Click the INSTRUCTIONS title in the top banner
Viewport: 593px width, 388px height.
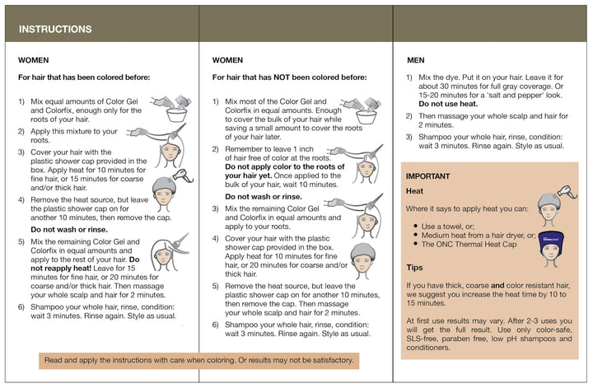[x=55, y=29]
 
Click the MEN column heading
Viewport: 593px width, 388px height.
[x=417, y=60]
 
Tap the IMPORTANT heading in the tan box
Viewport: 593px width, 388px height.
[x=427, y=176]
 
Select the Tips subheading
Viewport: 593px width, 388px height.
[x=415, y=268]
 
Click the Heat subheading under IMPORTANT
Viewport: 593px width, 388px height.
[x=415, y=191]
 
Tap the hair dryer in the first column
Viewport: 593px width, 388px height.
[x=187, y=177]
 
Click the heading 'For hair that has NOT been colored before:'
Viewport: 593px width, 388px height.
[x=289, y=77]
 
